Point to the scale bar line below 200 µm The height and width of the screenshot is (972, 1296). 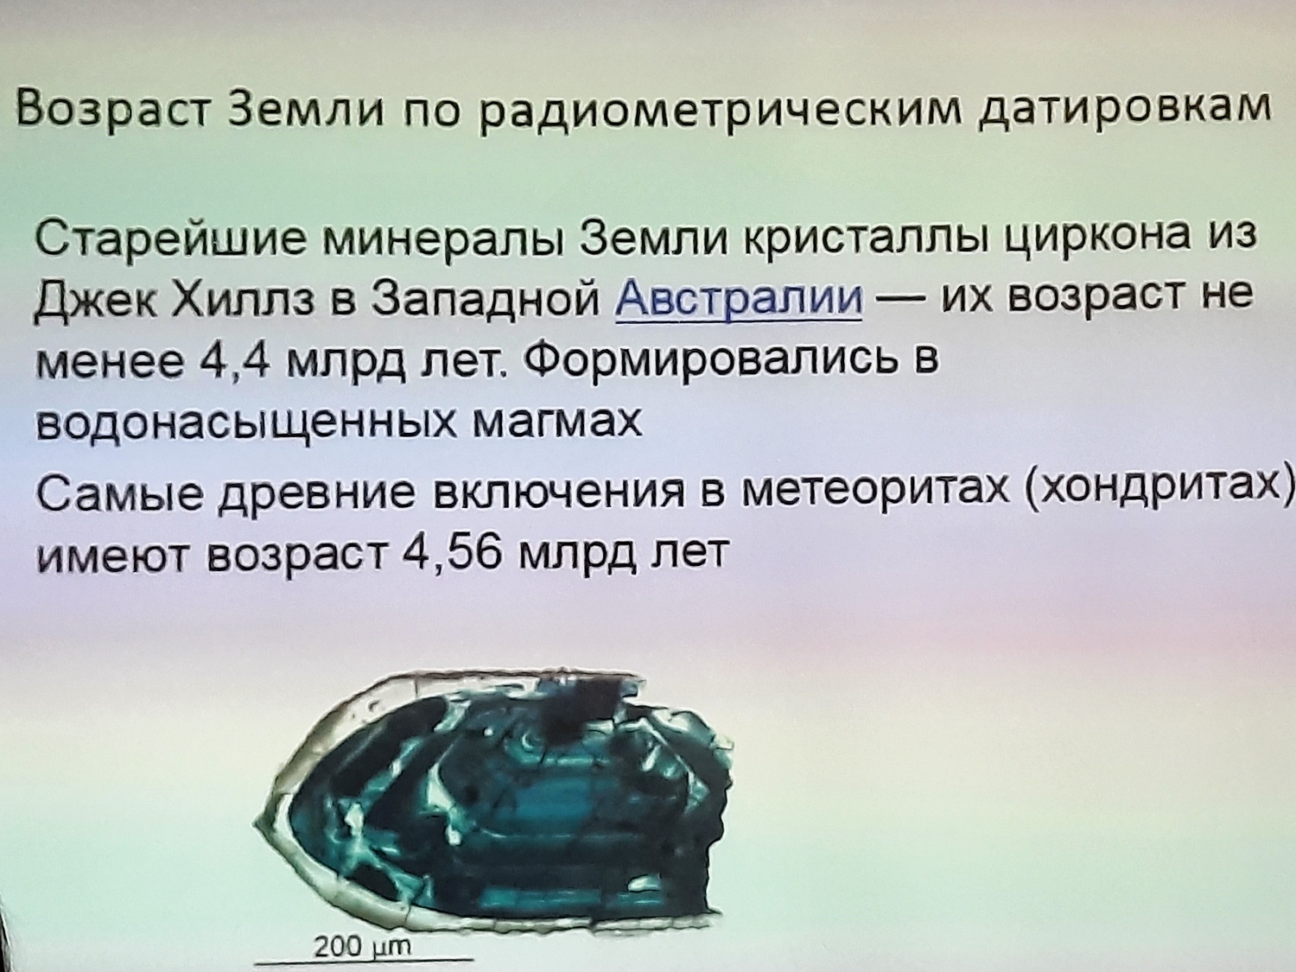click(x=364, y=959)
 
